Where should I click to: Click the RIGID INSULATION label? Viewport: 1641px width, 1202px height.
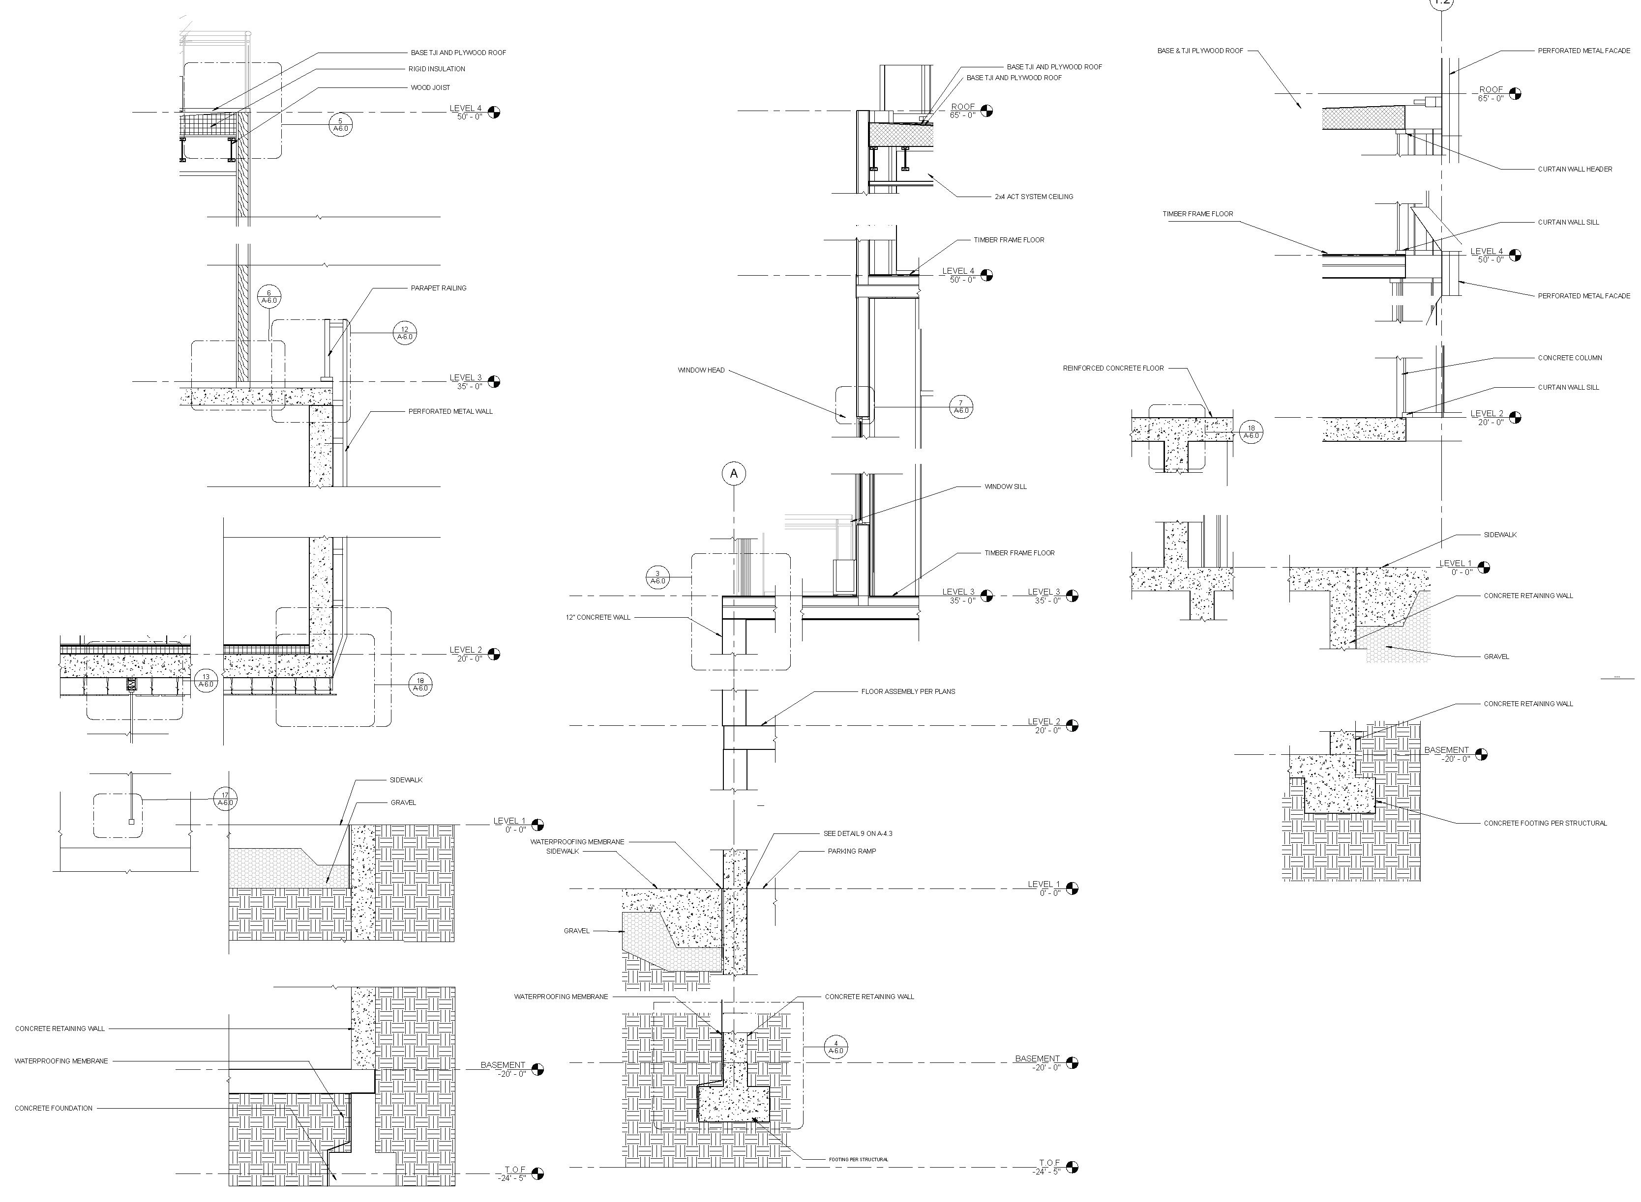pyautogui.click(x=436, y=69)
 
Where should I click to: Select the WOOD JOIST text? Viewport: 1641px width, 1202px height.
pyautogui.click(x=430, y=88)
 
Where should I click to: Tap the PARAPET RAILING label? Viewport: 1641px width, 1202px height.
pyautogui.click(x=438, y=288)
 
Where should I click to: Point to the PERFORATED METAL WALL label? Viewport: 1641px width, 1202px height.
pyautogui.click(x=450, y=412)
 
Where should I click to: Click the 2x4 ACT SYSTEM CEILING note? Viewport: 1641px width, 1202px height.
pyautogui.click(x=1033, y=197)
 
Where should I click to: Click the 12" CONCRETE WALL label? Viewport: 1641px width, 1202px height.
pyautogui.click(x=597, y=618)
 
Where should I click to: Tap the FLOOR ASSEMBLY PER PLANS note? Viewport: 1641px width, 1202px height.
pyautogui.click(x=907, y=691)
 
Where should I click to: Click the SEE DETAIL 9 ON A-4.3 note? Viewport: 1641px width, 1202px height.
pyautogui.click(x=857, y=834)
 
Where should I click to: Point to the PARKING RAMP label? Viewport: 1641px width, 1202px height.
pyautogui.click(x=851, y=851)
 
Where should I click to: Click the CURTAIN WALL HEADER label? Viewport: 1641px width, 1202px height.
pyautogui.click(x=1574, y=170)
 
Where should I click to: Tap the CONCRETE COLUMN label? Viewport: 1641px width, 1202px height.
pyautogui.click(x=1569, y=358)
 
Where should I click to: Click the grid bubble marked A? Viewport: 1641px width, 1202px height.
pyautogui.click(x=733, y=474)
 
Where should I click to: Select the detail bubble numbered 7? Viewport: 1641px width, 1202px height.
pyautogui.click(x=961, y=407)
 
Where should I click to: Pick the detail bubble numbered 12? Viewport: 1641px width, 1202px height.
pyautogui.click(x=405, y=333)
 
